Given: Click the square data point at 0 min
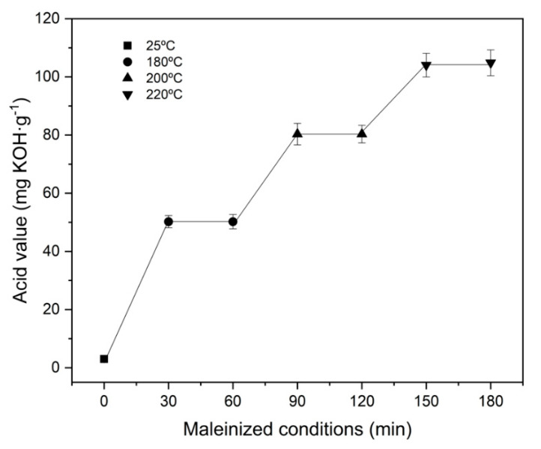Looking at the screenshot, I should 104,359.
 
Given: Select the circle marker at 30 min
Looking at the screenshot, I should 169,222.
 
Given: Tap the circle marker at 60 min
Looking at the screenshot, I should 233,222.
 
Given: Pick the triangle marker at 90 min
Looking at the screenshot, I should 297,134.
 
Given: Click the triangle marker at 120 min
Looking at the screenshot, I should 362,134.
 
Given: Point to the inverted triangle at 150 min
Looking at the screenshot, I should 426,65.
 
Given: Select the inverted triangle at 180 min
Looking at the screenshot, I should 491,64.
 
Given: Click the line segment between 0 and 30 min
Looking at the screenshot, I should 136,291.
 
